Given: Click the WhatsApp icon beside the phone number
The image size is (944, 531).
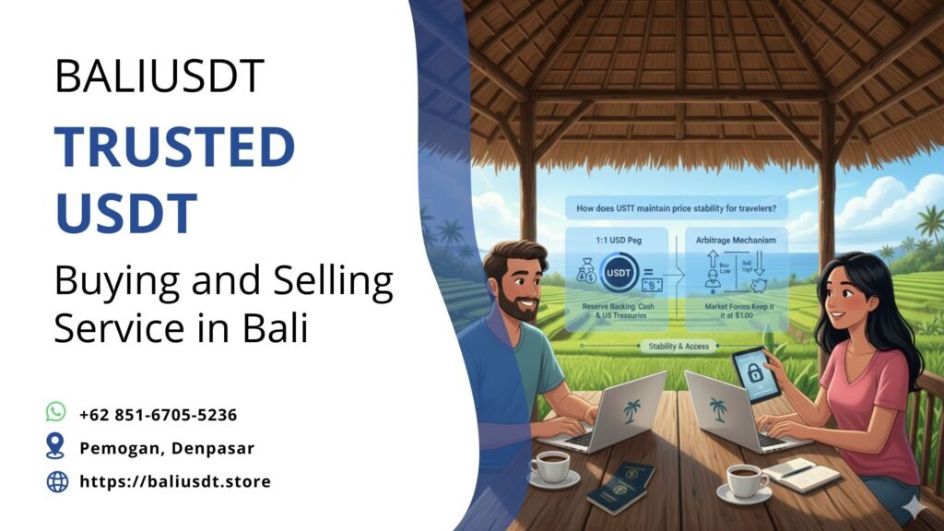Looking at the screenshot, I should [56, 412].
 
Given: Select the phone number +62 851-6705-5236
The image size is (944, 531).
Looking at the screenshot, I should [158, 414].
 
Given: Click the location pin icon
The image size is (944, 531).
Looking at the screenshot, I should [56, 447].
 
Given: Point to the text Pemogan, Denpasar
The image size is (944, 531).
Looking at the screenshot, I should [166, 448].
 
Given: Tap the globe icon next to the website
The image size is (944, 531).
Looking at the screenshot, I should [57, 481].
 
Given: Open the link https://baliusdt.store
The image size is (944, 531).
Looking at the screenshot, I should [174, 481].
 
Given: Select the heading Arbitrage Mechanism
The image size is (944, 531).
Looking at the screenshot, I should [736, 240].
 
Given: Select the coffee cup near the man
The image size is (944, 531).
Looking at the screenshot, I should [551, 466].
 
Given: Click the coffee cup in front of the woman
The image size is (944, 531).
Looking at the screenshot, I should [745, 479].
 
